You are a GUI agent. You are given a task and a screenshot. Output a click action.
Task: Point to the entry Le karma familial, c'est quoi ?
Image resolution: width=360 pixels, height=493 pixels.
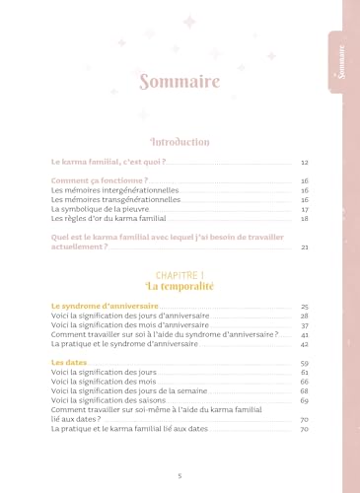[108, 161]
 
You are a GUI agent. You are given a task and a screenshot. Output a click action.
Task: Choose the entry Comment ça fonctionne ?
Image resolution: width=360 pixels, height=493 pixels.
[100, 181]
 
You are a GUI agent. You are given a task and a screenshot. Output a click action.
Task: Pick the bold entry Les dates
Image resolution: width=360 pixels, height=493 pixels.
[66, 364]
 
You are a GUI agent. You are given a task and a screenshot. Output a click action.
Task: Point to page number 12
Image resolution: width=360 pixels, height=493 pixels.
[306, 161]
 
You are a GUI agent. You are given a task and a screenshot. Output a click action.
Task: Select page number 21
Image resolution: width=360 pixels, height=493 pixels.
[306, 248]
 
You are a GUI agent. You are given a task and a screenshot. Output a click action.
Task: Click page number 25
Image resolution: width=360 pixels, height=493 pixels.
[306, 308]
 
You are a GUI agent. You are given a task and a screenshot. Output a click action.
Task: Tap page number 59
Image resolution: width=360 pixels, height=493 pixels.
[306, 364]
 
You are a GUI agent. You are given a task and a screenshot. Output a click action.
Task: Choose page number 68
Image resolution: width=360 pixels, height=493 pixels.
[306, 392]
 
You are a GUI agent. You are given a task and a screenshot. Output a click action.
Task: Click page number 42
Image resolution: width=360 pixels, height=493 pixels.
[306, 345]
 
